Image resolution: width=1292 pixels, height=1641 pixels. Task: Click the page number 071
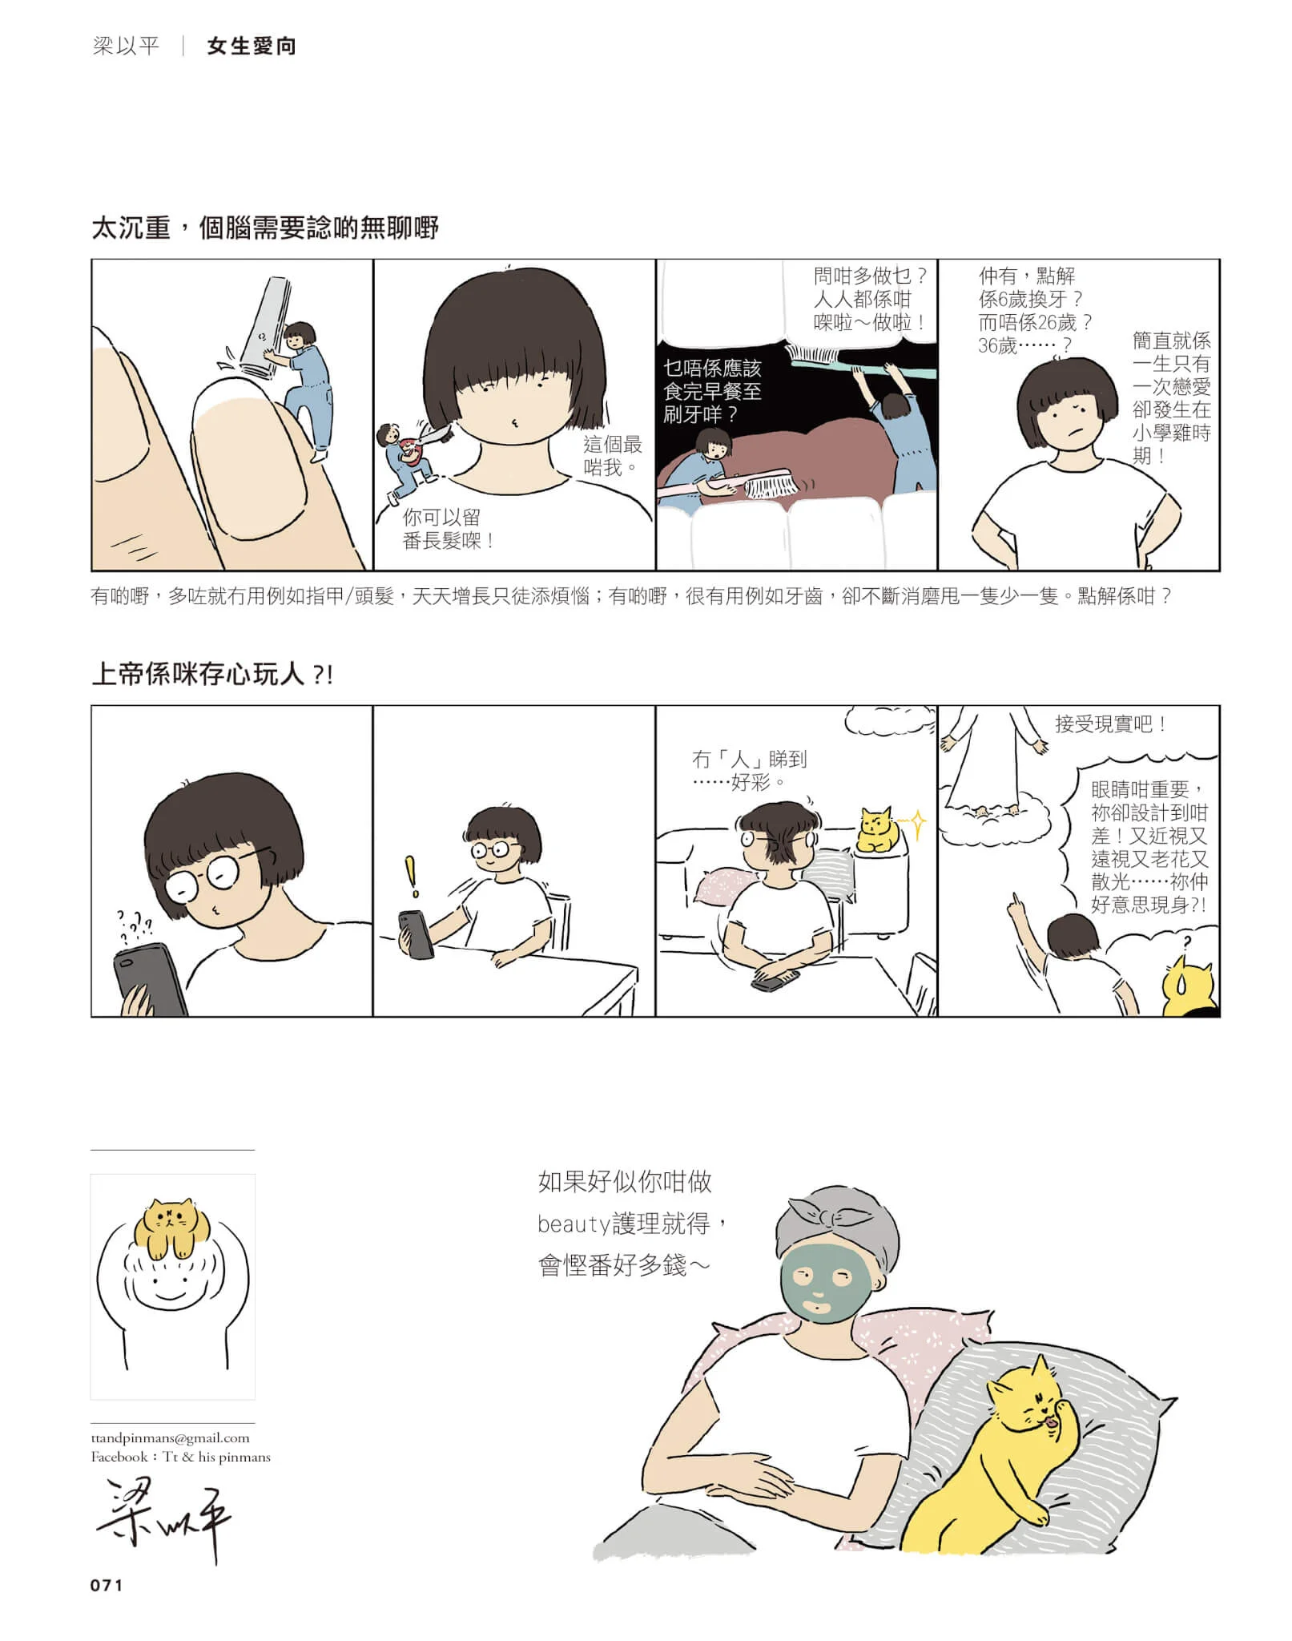point(107,1585)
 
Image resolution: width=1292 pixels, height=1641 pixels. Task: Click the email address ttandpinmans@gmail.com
point(170,1437)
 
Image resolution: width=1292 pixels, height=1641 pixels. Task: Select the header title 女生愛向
point(252,46)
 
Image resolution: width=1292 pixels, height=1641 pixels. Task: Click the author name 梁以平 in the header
point(126,46)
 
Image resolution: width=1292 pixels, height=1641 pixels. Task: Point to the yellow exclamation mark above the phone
point(412,877)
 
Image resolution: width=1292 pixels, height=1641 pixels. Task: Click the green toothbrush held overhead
point(861,360)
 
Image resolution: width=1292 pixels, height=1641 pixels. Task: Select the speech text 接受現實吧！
point(1110,724)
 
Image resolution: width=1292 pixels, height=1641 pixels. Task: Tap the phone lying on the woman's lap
point(775,980)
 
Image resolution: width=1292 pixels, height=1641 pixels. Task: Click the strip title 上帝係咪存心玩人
point(198,674)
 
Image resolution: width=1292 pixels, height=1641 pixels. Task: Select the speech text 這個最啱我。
point(613,455)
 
